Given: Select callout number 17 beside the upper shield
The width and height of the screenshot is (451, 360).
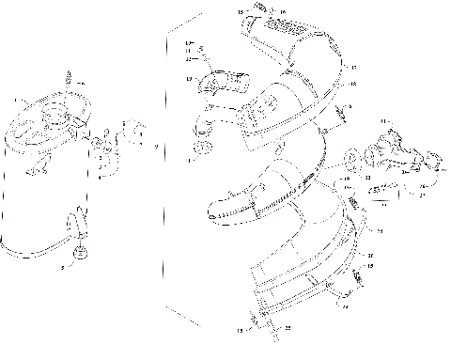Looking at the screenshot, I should pos(353,68).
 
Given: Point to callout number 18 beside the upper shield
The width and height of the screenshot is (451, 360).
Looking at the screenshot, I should pos(353,84).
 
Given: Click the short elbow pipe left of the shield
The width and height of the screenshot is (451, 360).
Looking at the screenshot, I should pos(217,86).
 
